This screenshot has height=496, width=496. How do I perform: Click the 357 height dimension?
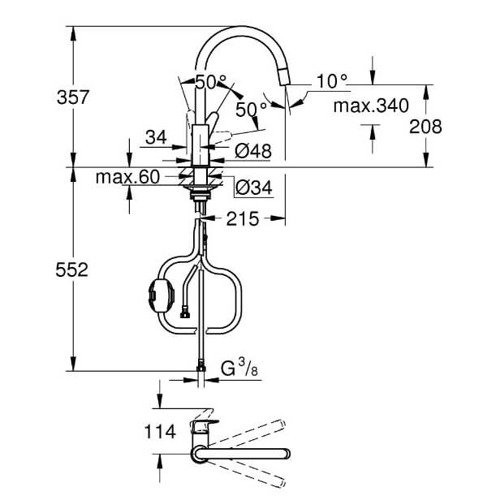[x=73, y=97]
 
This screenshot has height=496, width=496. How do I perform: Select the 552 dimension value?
[x=71, y=270]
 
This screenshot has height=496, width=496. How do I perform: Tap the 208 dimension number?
[x=425, y=127]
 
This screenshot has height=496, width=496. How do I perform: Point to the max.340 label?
[x=371, y=106]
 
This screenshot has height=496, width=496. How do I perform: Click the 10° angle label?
[x=332, y=81]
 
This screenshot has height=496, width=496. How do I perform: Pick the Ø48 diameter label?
[x=253, y=151]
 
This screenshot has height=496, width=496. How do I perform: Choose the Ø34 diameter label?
[x=254, y=188]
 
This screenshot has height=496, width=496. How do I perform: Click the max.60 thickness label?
[x=127, y=177]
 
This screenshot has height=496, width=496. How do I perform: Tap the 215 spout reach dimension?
[x=243, y=219]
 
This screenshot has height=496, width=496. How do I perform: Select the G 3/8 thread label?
[x=239, y=368]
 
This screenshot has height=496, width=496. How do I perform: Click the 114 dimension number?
[x=160, y=432]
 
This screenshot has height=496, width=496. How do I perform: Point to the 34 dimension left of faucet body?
[x=156, y=138]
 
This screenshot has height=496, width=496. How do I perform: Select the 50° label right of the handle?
[x=251, y=110]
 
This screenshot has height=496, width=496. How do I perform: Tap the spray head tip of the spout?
[x=284, y=78]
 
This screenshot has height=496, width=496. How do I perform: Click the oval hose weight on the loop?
[x=162, y=295]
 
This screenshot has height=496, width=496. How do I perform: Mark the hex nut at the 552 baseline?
[x=201, y=368]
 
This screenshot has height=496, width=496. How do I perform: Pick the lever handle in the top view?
[x=204, y=425]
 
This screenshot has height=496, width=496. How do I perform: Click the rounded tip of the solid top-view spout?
[x=287, y=454]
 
